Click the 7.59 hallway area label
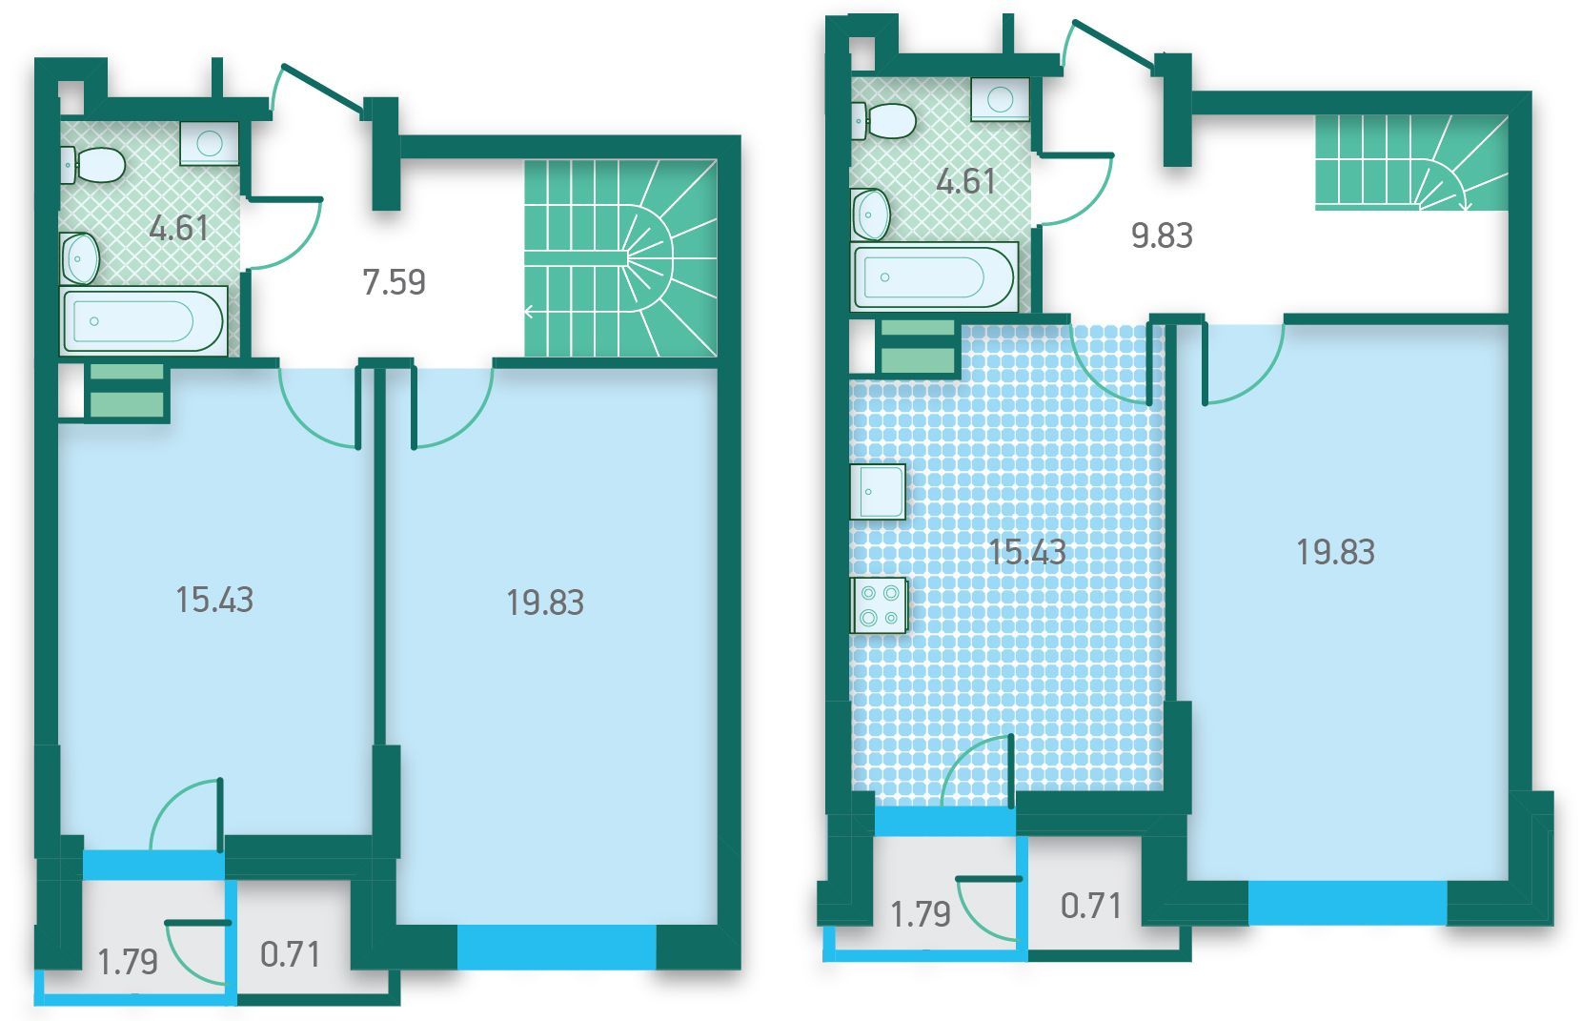point(394,282)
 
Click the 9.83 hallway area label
point(1162,235)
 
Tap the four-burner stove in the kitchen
point(879,605)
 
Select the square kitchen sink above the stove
point(878,492)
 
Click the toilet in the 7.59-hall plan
point(94,165)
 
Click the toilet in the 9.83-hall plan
point(883,121)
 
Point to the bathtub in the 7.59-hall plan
point(144,320)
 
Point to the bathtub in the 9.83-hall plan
point(935,276)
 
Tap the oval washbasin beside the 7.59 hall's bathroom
point(80,258)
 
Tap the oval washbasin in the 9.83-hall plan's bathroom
point(871,214)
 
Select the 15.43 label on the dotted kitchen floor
point(1026,551)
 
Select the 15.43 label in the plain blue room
point(213,600)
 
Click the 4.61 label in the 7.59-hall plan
point(178,228)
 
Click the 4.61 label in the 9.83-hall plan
point(965,181)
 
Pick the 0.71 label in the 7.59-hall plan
point(290,954)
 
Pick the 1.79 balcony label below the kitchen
point(921,914)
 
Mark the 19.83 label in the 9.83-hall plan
point(1335,552)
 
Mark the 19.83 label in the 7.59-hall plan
point(545,603)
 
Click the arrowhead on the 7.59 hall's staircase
point(529,312)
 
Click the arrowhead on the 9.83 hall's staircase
point(1463,206)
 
